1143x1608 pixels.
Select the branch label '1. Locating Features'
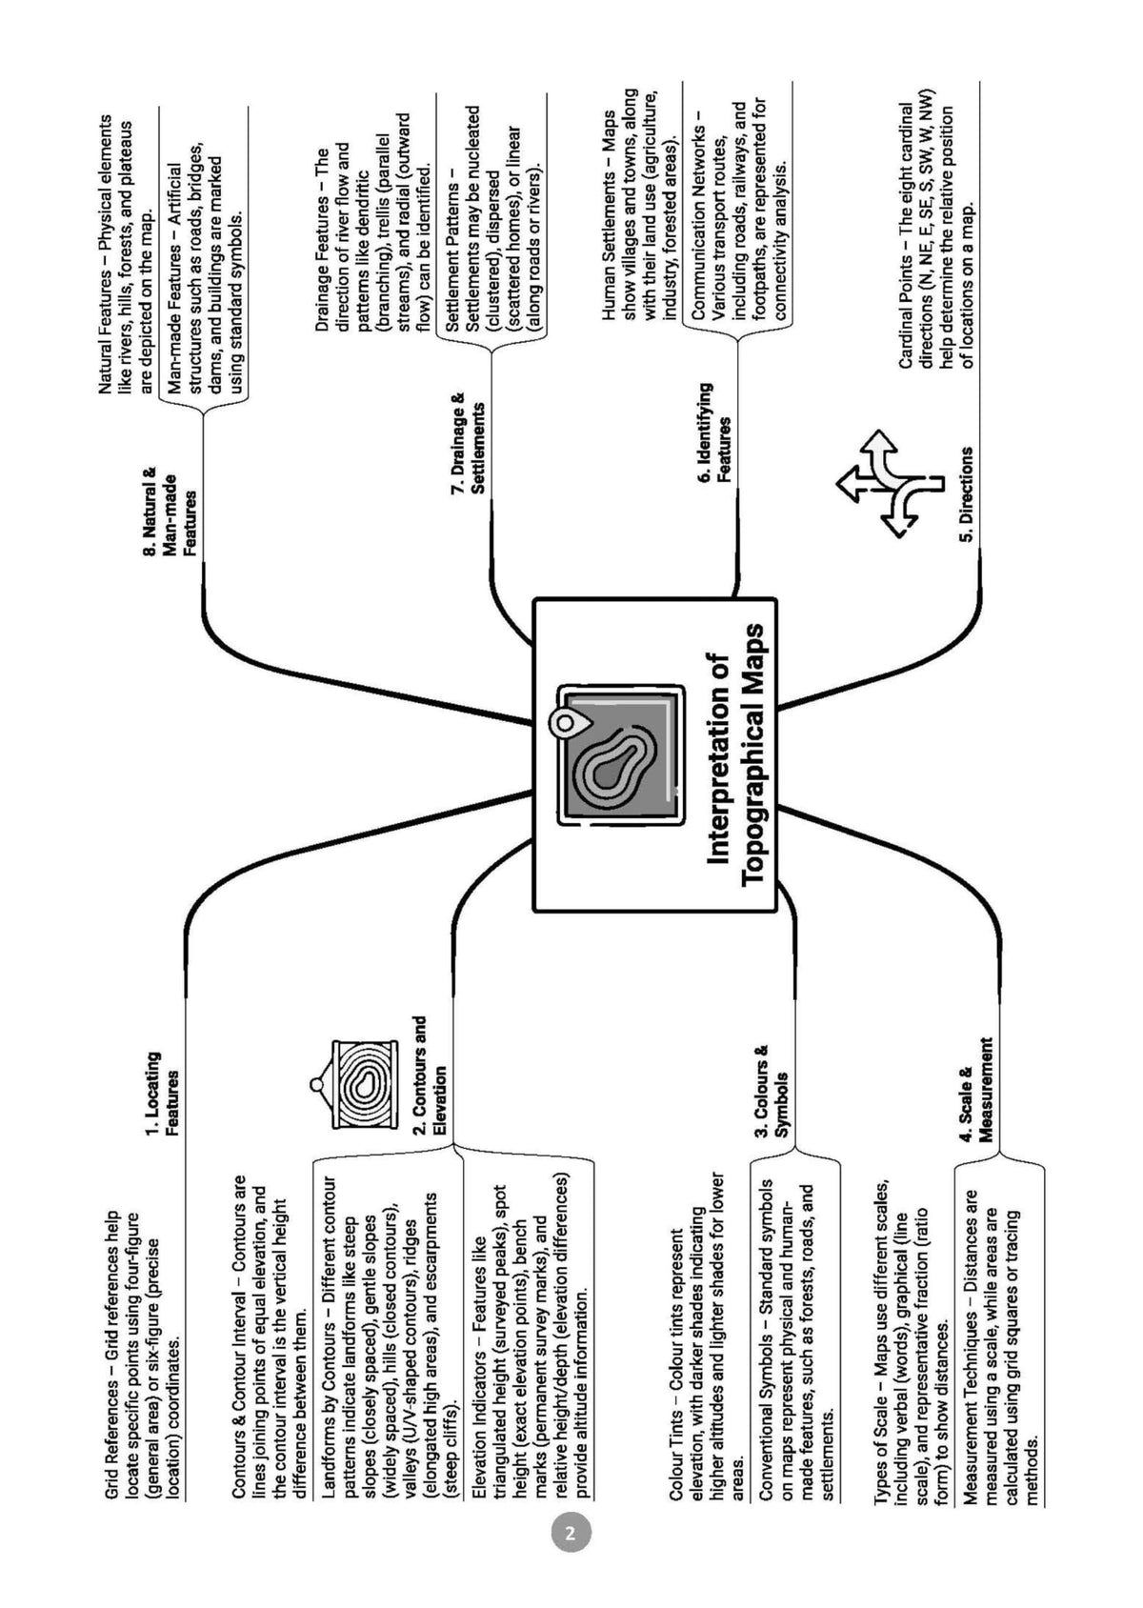click(162, 1094)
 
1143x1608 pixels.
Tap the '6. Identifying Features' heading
click(715, 432)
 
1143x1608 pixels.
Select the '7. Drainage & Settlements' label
click(468, 443)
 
